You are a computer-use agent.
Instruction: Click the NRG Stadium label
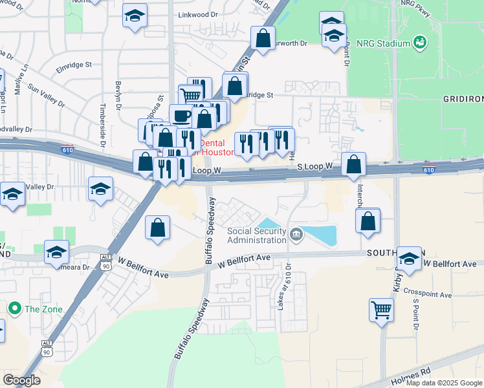coord(386,43)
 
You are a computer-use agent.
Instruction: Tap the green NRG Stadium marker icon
coord(421,43)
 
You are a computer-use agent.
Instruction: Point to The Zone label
coord(43,309)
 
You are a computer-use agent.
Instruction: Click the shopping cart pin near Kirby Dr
coord(382,310)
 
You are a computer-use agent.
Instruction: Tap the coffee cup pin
coord(181,116)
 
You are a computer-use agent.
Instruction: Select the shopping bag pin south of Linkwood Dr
coord(263,38)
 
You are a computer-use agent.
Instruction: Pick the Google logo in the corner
coord(21,380)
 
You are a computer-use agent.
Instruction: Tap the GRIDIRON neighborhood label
coord(463,98)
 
